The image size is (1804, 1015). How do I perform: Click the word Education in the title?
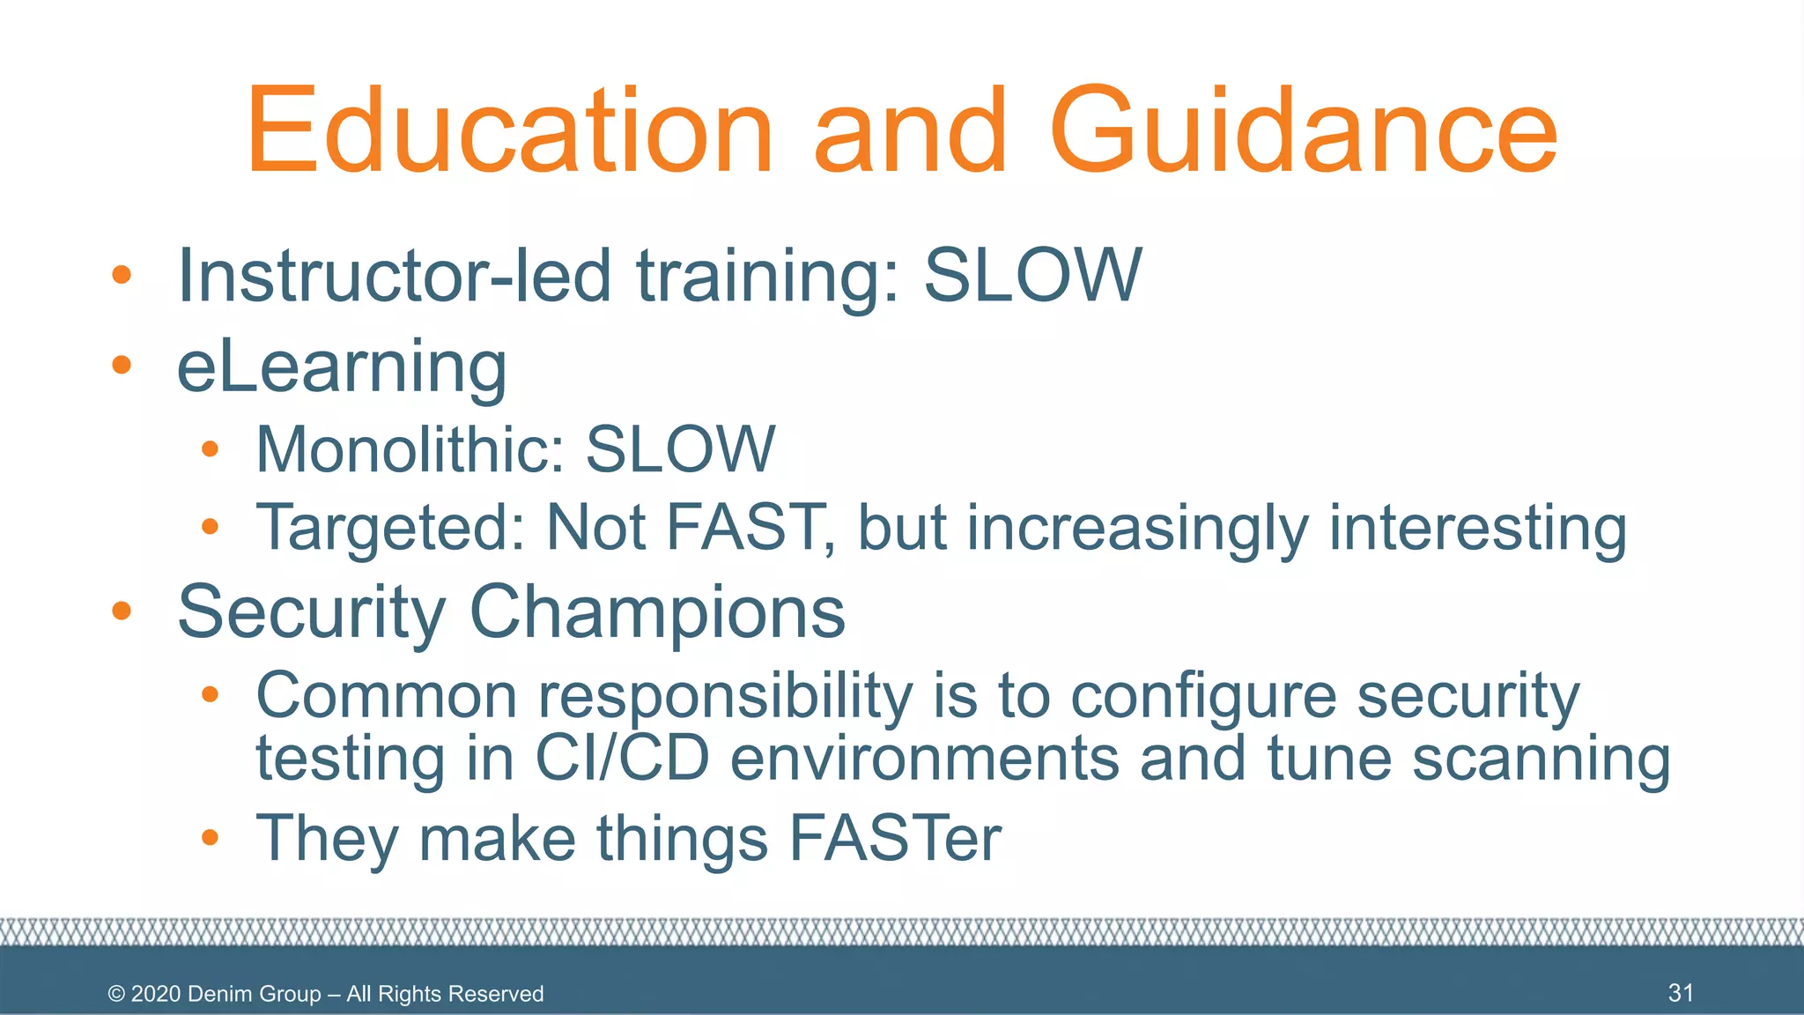[509, 132]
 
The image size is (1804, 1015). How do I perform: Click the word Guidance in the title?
[1304, 132]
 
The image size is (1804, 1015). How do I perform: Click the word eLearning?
[342, 367]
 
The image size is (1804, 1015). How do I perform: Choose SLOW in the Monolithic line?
[680, 449]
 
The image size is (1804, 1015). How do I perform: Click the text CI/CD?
[622, 758]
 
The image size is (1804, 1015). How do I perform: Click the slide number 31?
[1681, 993]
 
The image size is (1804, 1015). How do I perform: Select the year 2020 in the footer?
[156, 994]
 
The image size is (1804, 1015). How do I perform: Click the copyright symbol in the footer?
[116, 994]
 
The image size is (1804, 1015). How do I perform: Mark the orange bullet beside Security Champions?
[122, 611]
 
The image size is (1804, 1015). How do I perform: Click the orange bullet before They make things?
[210, 837]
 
